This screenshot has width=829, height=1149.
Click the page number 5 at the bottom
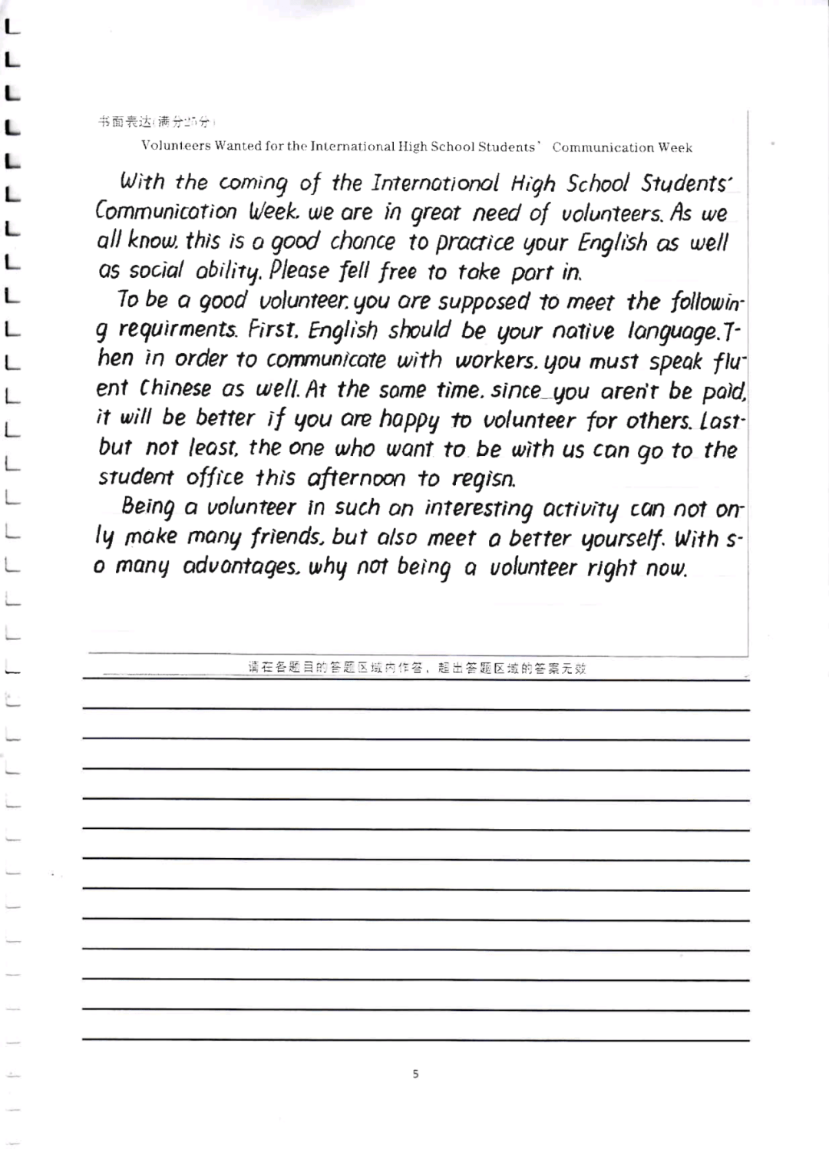click(x=415, y=1074)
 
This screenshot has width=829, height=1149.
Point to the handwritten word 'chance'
click(x=362, y=242)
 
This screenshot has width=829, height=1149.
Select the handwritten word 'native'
click(x=583, y=332)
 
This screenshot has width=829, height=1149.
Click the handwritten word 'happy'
click(x=409, y=420)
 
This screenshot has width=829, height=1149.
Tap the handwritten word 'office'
click(x=215, y=477)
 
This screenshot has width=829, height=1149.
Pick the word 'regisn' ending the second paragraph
click(x=484, y=480)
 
